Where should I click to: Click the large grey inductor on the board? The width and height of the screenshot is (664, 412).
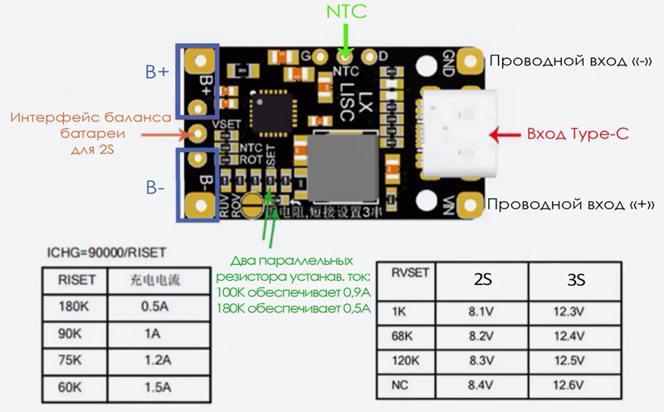[340, 164]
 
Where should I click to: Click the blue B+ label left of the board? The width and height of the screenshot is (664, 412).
[157, 72]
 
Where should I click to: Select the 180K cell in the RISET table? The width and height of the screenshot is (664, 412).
[75, 307]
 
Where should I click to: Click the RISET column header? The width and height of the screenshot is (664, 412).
[75, 280]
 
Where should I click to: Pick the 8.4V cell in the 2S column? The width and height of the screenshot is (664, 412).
[481, 385]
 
